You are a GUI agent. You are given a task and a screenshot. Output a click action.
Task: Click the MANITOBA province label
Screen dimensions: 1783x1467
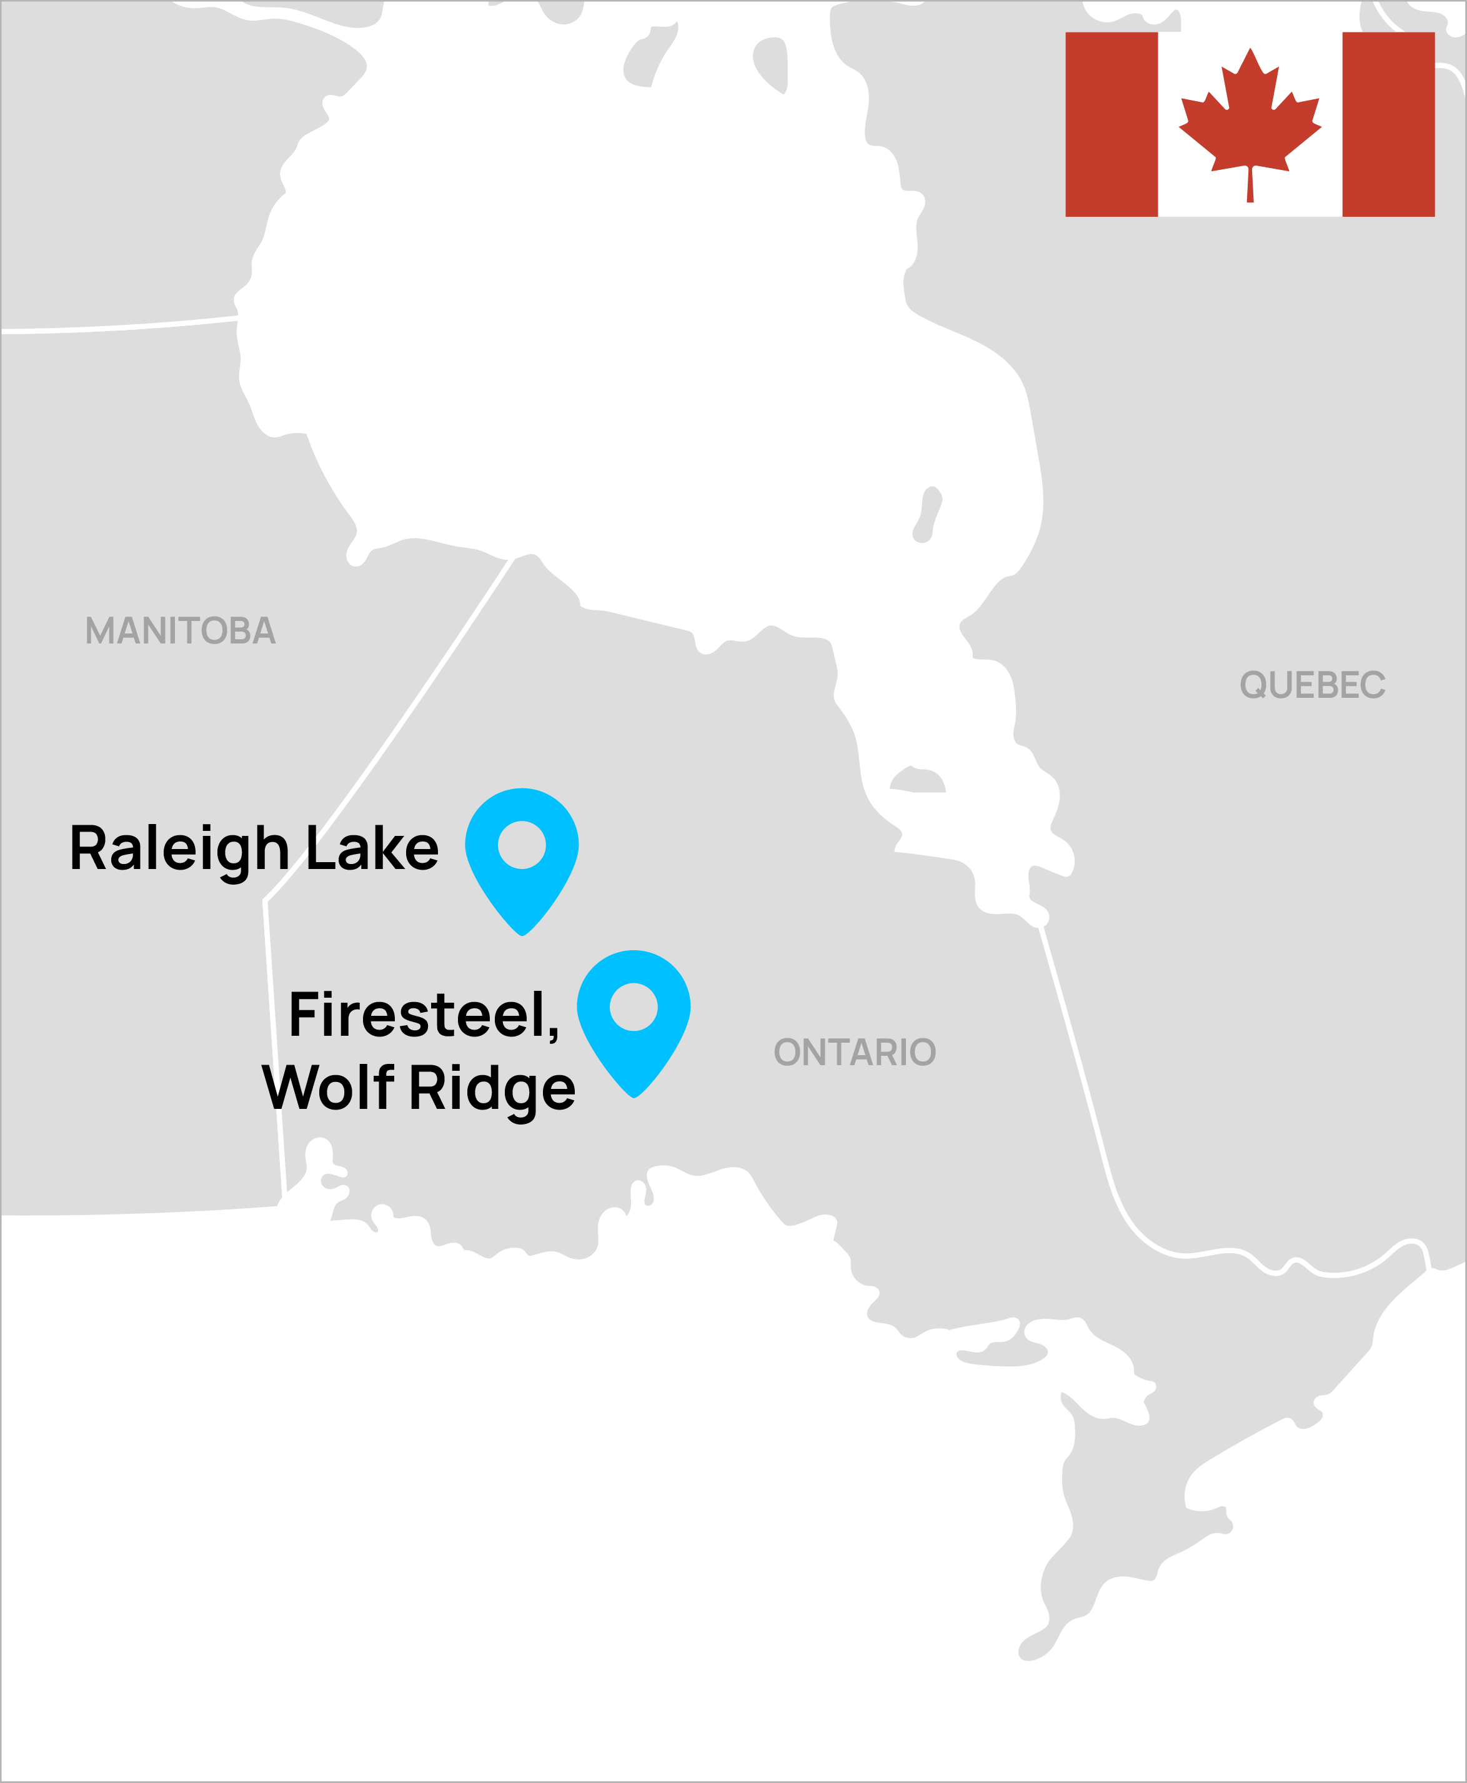[180, 630]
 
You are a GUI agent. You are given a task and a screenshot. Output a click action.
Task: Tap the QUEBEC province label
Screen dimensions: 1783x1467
[1312, 685]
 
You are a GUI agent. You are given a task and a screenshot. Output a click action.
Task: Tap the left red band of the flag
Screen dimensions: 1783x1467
[1111, 124]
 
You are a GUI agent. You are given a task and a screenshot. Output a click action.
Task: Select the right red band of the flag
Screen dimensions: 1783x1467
[1388, 124]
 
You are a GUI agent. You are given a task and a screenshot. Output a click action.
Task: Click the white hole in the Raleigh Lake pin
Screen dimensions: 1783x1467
[522, 844]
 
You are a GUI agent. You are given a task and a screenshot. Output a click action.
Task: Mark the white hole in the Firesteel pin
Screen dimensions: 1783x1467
[634, 1006]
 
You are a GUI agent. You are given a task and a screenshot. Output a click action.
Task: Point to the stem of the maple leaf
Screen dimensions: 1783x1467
[1250, 186]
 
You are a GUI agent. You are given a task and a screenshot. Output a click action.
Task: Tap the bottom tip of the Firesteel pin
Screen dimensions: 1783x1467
[634, 1096]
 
